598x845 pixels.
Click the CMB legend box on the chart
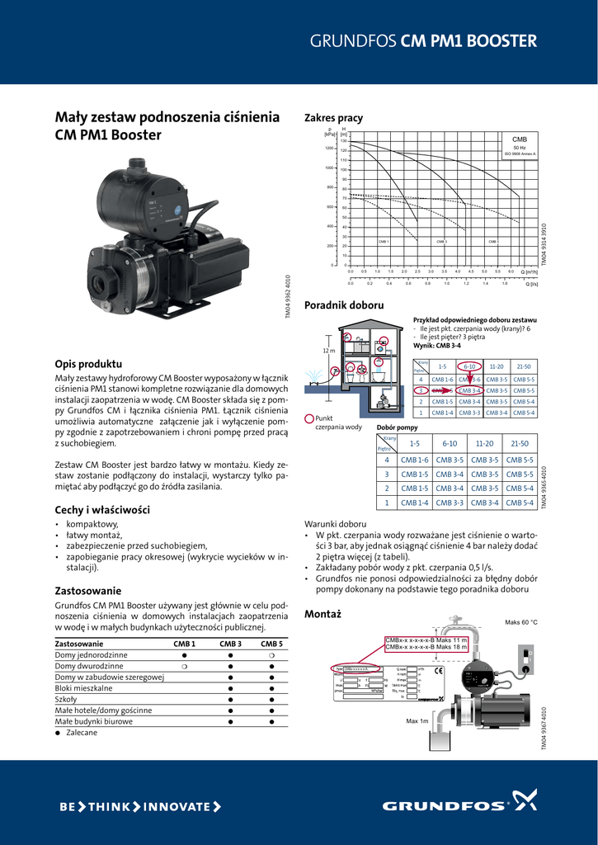tap(519, 146)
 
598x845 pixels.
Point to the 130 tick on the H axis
tap(344, 141)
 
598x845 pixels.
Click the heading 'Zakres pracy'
tap(333, 118)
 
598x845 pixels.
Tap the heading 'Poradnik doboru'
tap(344, 304)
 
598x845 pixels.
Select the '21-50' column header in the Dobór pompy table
tap(519, 443)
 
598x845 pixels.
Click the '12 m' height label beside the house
tap(328, 351)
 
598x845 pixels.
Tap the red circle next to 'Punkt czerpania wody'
tap(309, 418)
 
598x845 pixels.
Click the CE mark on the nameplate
tap(438, 671)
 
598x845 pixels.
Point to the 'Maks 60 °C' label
tap(520, 622)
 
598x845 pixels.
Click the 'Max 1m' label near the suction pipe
tap(417, 721)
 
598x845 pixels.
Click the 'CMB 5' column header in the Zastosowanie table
tap(271, 643)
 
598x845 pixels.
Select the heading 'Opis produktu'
tap(88, 364)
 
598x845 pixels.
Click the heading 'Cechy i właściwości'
tap(101, 510)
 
